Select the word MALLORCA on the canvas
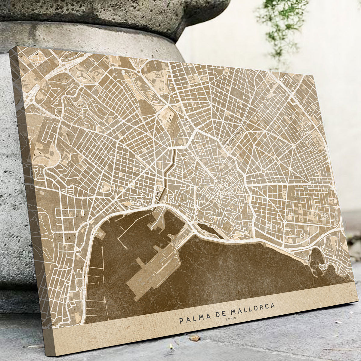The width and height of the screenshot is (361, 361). coord(251,308)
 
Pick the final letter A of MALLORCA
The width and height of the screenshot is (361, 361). coord(272,305)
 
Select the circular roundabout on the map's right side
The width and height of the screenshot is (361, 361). coord(263,172)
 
